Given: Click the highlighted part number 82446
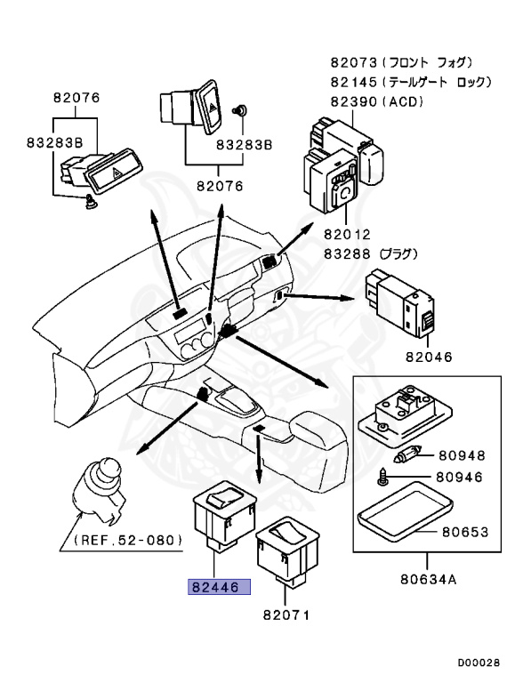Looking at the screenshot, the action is pyautogui.click(x=219, y=587).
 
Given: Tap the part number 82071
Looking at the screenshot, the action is pyautogui.click(x=286, y=615).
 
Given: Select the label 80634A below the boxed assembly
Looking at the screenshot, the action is pyautogui.click(x=429, y=579).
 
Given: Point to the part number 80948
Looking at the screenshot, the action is pyautogui.click(x=462, y=455).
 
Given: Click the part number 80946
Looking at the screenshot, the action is pyautogui.click(x=459, y=477).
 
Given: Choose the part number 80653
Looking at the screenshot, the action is pyautogui.click(x=465, y=532).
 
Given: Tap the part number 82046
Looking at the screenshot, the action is pyautogui.click(x=429, y=357).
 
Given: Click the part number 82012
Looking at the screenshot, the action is pyautogui.click(x=347, y=235).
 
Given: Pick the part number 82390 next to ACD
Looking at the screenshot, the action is pyautogui.click(x=353, y=101).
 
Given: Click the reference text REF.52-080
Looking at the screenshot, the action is pyautogui.click(x=128, y=540).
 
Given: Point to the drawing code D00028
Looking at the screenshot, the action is pyautogui.click(x=479, y=663).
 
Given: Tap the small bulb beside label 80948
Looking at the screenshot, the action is pyautogui.click(x=406, y=456).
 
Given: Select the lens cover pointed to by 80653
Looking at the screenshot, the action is pyautogui.click(x=405, y=510).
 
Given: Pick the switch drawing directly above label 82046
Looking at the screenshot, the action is pyautogui.click(x=401, y=303).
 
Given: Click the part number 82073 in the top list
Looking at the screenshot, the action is pyautogui.click(x=353, y=63).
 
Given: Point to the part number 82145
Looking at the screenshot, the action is pyautogui.click(x=353, y=82).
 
